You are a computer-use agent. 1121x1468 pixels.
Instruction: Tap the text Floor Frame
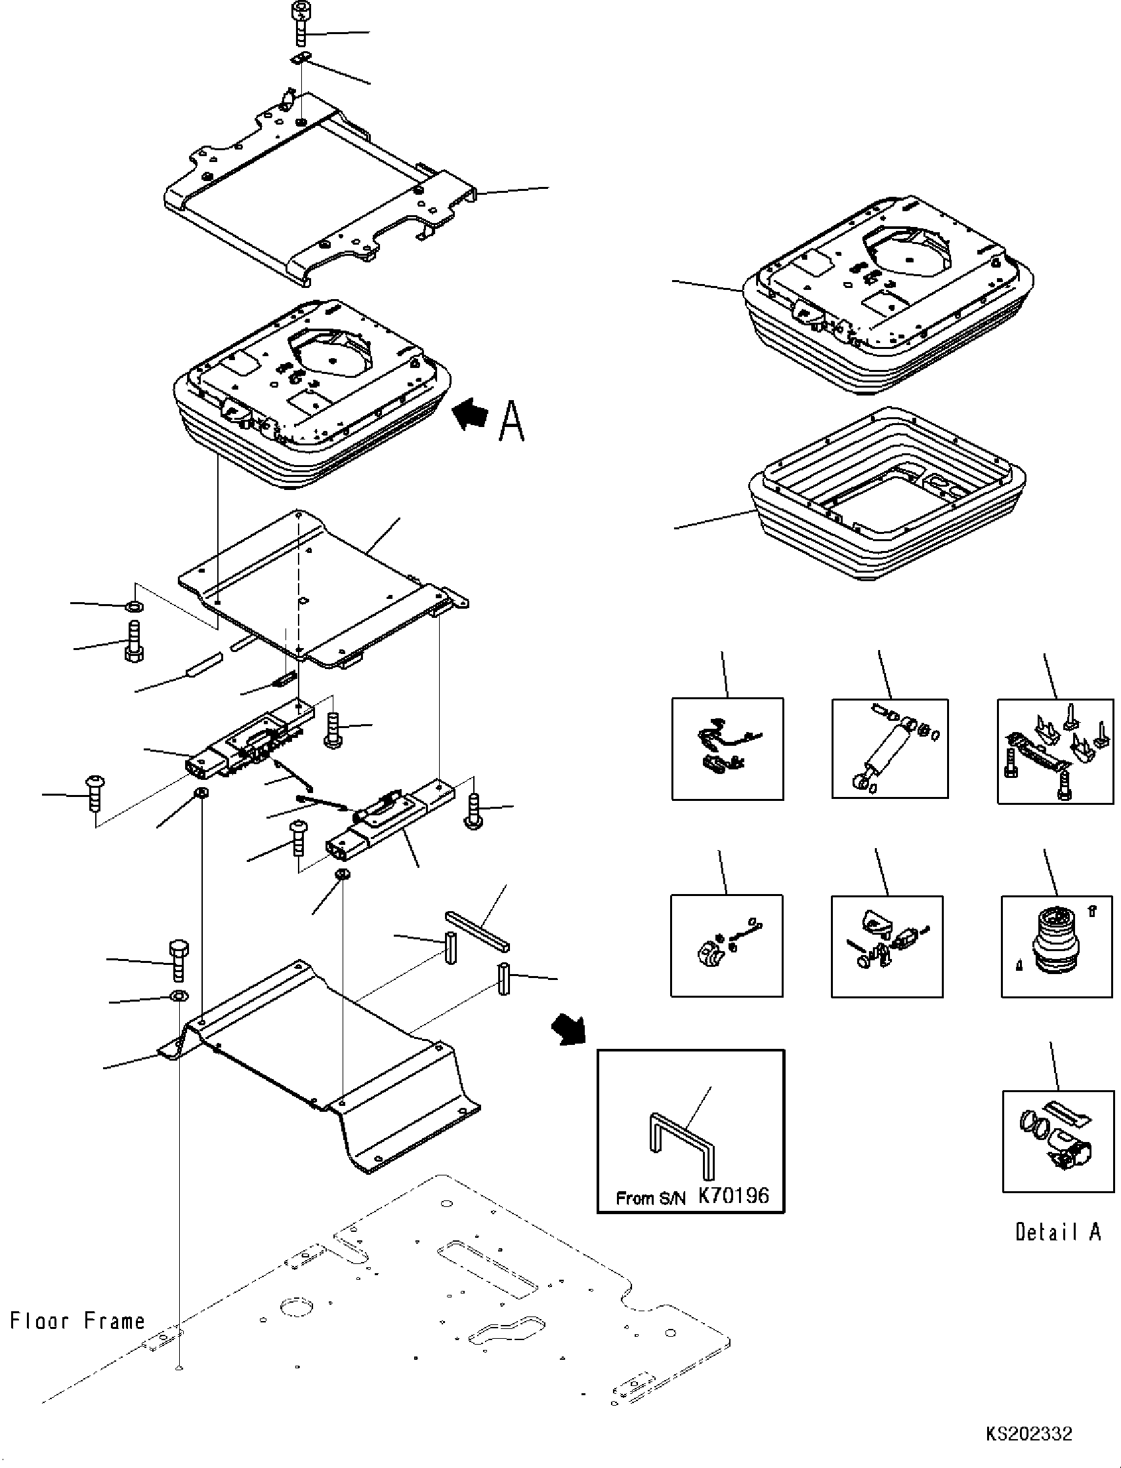pyautogui.click(x=77, y=1321)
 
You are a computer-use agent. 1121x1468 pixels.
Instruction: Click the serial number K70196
pyautogui.click(x=733, y=1196)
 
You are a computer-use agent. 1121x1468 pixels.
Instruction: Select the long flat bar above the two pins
pyautogui.click(x=478, y=930)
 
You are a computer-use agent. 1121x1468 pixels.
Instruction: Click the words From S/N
pyautogui.click(x=650, y=1198)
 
